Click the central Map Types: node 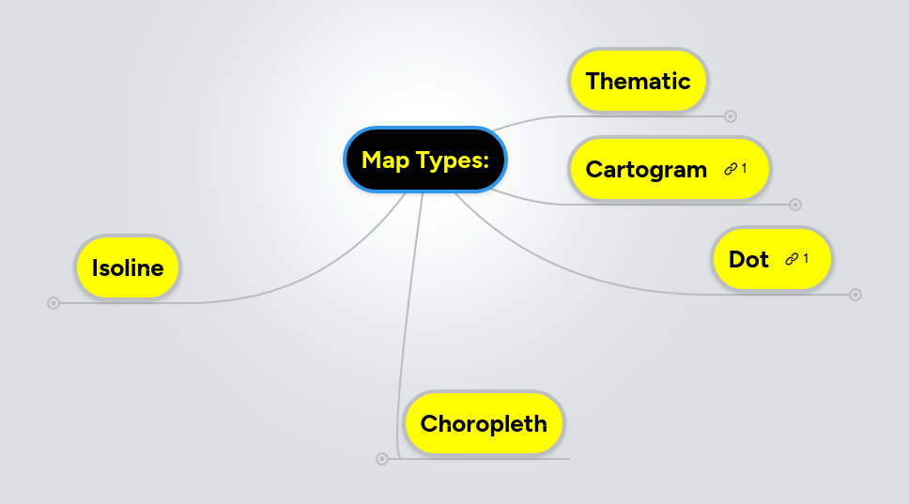[425, 160]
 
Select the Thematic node [638, 81]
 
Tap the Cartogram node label [646, 170]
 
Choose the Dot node [748, 259]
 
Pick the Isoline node [128, 268]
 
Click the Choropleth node [484, 423]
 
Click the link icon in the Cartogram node [731, 169]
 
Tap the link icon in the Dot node [792, 258]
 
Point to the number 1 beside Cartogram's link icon [744, 168]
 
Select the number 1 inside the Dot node [806, 257]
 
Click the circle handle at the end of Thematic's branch [731, 116]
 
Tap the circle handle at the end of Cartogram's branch [795, 205]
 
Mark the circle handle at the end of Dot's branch [855, 295]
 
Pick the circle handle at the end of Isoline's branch [54, 303]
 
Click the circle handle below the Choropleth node [381, 459]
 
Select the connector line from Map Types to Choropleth [410, 310]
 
